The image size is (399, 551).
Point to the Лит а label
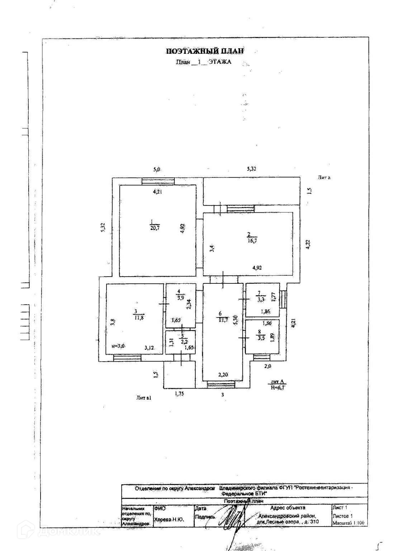(x=323, y=177)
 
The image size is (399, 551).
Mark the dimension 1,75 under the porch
(x=180, y=394)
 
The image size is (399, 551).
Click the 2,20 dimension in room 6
(x=223, y=375)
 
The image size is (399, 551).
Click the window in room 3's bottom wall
(x=127, y=358)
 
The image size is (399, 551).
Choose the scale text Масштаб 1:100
(x=348, y=523)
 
